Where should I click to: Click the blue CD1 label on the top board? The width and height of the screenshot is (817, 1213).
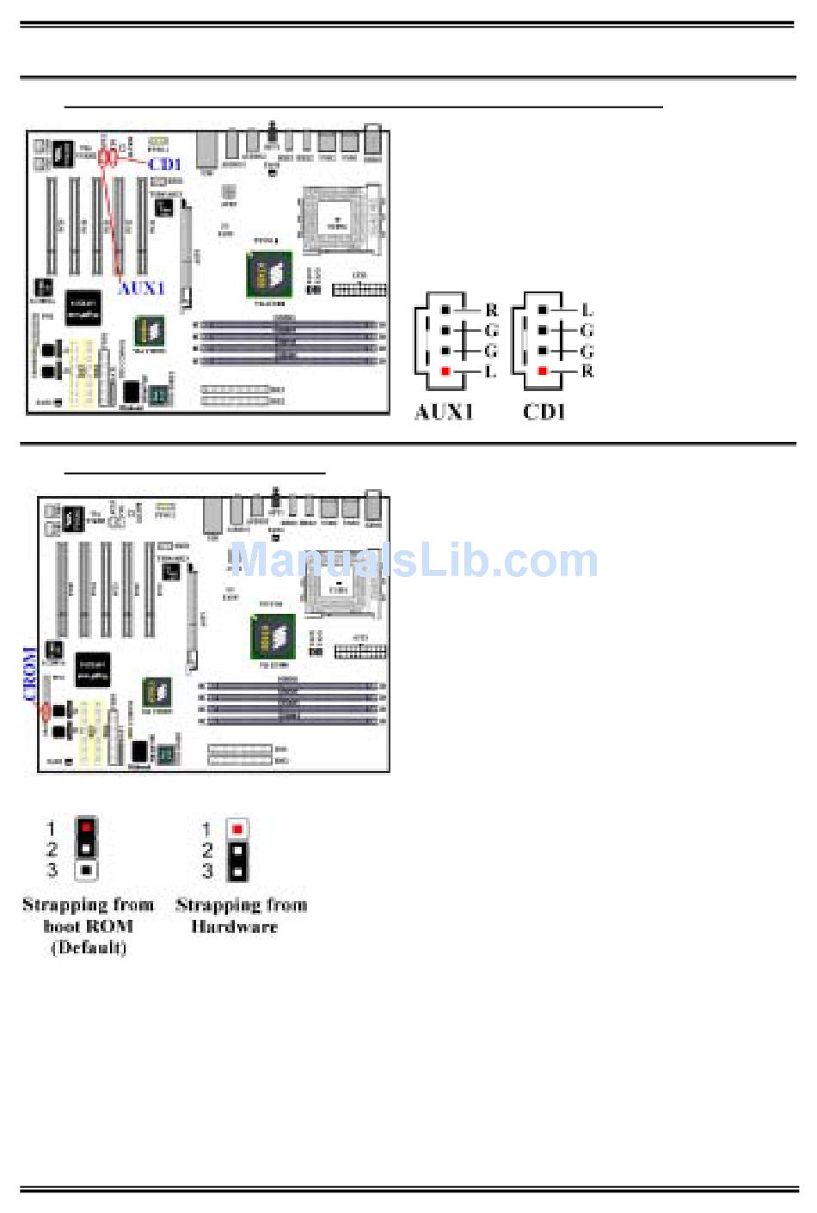click(x=164, y=163)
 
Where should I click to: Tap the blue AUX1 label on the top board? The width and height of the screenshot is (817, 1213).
click(x=141, y=288)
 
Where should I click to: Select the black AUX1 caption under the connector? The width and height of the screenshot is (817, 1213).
click(x=444, y=412)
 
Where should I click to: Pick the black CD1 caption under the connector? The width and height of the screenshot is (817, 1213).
click(x=544, y=412)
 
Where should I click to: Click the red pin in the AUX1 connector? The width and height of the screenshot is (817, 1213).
click(x=445, y=371)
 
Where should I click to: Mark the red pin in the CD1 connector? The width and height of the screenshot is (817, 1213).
click(x=543, y=371)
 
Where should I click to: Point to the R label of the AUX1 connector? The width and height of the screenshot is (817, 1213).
click(x=492, y=310)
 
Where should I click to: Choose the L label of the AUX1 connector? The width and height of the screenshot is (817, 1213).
click(x=491, y=371)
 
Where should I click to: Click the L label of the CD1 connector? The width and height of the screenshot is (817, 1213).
click(x=587, y=310)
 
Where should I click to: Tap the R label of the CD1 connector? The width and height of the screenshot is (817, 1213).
click(x=587, y=371)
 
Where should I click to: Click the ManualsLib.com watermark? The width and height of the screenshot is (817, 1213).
click(x=414, y=561)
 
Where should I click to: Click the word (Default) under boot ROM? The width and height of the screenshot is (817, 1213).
click(x=89, y=947)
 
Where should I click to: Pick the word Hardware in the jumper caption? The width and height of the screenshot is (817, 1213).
click(x=234, y=927)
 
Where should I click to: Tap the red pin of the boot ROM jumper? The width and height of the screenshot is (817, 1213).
click(x=86, y=828)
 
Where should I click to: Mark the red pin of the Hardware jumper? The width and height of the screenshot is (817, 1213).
click(x=237, y=829)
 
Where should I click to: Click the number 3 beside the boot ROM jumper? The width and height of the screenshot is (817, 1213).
click(x=52, y=870)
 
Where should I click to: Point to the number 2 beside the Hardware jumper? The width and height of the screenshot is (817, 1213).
click(x=206, y=850)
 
